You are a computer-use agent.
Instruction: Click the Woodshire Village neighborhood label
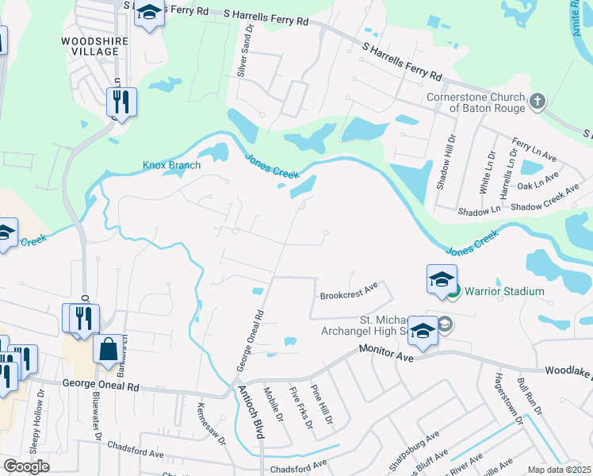click(90, 44)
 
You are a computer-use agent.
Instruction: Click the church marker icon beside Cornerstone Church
click(538, 101)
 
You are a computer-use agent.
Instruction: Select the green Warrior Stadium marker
click(453, 291)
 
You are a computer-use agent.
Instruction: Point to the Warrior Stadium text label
click(504, 291)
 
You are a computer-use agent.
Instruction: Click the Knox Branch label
click(171, 165)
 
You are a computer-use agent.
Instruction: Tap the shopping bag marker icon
click(108, 348)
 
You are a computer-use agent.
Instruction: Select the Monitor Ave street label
click(386, 352)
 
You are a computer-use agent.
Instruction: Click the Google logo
click(26, 466)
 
